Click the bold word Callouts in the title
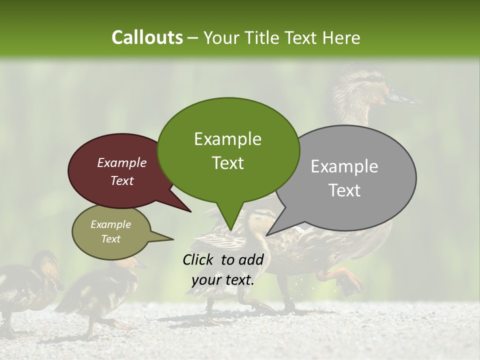(x=147, y=37)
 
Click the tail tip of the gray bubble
(x=267, y=235)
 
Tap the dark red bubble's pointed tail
(x=190, y=211)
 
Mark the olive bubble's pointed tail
(x=172, y=239)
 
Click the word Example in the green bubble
(x=227, y=139)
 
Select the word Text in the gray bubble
(x=345, y=190)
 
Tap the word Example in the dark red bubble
(x=121, y=163)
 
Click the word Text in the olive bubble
(x=111, y=239)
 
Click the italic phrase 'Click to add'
(x=222, y=259)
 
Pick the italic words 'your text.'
(x=222, y=280)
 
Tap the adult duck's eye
(x=374, y=79)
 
